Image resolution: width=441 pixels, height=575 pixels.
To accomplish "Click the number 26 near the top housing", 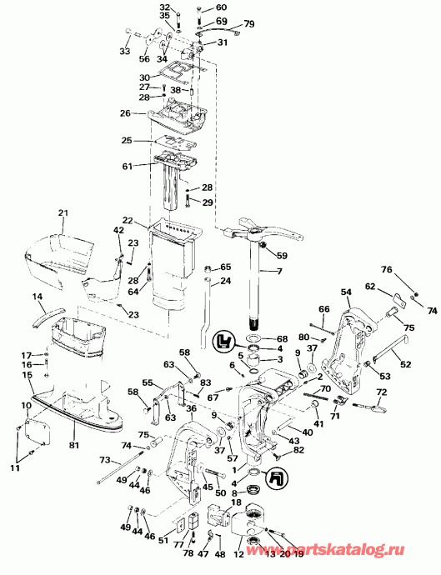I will (125, 113).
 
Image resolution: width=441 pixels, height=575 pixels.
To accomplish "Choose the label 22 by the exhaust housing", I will (128, 220).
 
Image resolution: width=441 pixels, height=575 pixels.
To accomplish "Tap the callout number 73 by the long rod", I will (104, 459).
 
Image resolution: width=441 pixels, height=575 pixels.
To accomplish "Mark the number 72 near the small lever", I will (382, 392).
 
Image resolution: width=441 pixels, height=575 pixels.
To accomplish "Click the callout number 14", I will (38, 297).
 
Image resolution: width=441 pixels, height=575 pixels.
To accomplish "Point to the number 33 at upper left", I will (125, 52).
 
